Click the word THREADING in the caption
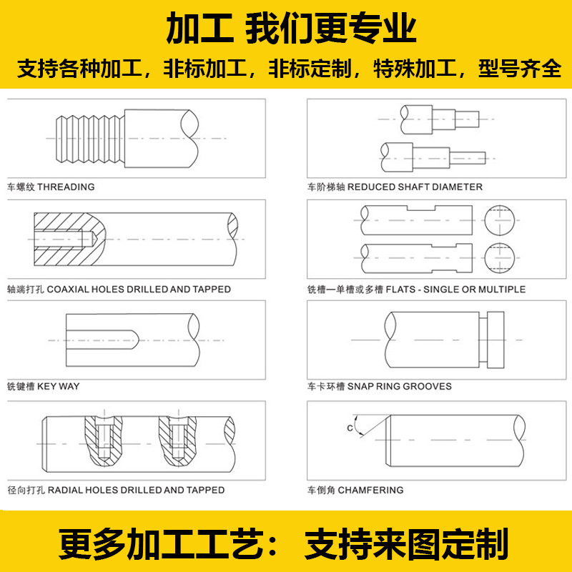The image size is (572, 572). tap(66, 187)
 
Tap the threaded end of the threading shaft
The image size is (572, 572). tap(90, 139)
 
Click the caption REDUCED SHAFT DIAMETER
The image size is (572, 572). tap(415, 187)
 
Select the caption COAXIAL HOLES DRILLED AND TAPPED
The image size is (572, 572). tap(139, 289)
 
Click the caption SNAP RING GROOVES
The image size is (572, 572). tap(400, 386)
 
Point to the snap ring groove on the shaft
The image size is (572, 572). tap(483, 340)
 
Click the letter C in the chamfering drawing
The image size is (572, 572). tap(349, 428)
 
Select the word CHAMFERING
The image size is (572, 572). tap(370, 490)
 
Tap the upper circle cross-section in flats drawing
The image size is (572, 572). tap(499, 222)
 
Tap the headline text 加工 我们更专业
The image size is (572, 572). tap(286, 30)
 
